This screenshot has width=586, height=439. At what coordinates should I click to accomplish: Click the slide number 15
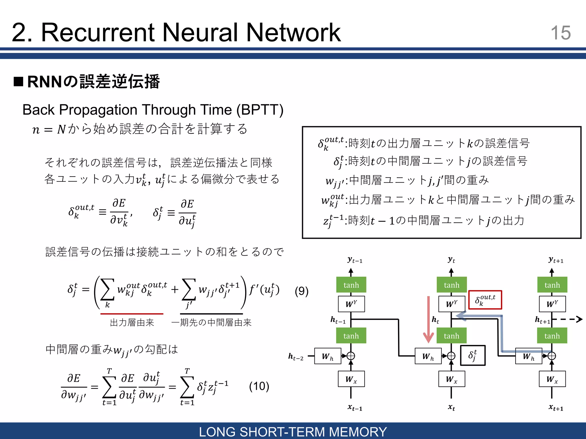tap(561, 33)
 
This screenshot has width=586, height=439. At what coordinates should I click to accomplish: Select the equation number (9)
tap(302, 291)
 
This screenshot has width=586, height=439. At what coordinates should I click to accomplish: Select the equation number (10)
tap(259, 386)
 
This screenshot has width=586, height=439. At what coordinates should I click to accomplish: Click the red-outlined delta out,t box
tap(485, 300)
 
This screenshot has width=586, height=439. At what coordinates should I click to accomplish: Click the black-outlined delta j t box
tap(473, 355)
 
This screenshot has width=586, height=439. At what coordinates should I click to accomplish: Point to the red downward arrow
tap(428, 320)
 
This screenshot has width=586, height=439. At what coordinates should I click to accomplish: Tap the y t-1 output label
tap(355, 260)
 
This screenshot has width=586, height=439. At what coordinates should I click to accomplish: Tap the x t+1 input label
tap(556, 407)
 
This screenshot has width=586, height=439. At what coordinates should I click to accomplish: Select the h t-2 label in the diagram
tap(296, 356)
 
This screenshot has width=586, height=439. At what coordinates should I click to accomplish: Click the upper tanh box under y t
tap(452, 285)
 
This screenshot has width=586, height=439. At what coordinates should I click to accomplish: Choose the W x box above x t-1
tap(351, 379)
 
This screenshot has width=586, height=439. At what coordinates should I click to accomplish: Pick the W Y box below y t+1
tap(552, 304)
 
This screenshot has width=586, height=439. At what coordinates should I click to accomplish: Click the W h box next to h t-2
tap(328, 356)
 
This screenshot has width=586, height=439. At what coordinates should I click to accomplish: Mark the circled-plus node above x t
tap(451, 356)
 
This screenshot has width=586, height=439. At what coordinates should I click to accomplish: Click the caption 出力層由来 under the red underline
tap(132, 322)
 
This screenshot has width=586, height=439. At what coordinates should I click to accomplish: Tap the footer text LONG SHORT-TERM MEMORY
tap(293, 432)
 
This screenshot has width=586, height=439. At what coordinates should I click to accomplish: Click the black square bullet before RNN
tap(18, 81)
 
